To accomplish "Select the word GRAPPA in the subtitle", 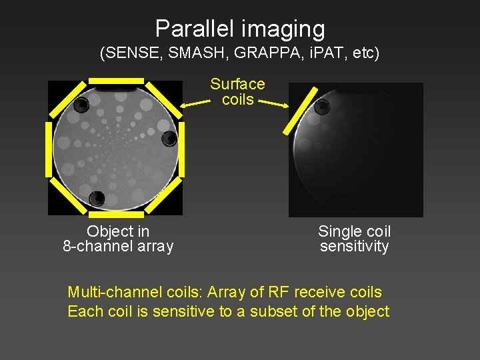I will pos(262,53).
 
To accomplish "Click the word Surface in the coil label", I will pos(237,84).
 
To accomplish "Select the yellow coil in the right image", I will pos(300,110).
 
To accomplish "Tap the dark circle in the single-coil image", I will pos(322,107).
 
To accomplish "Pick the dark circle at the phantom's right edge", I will pos(169,139).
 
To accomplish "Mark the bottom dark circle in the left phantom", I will pos(97,198).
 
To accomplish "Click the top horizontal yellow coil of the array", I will pos(115,80).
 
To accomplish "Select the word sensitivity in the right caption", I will pos(354,247).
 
